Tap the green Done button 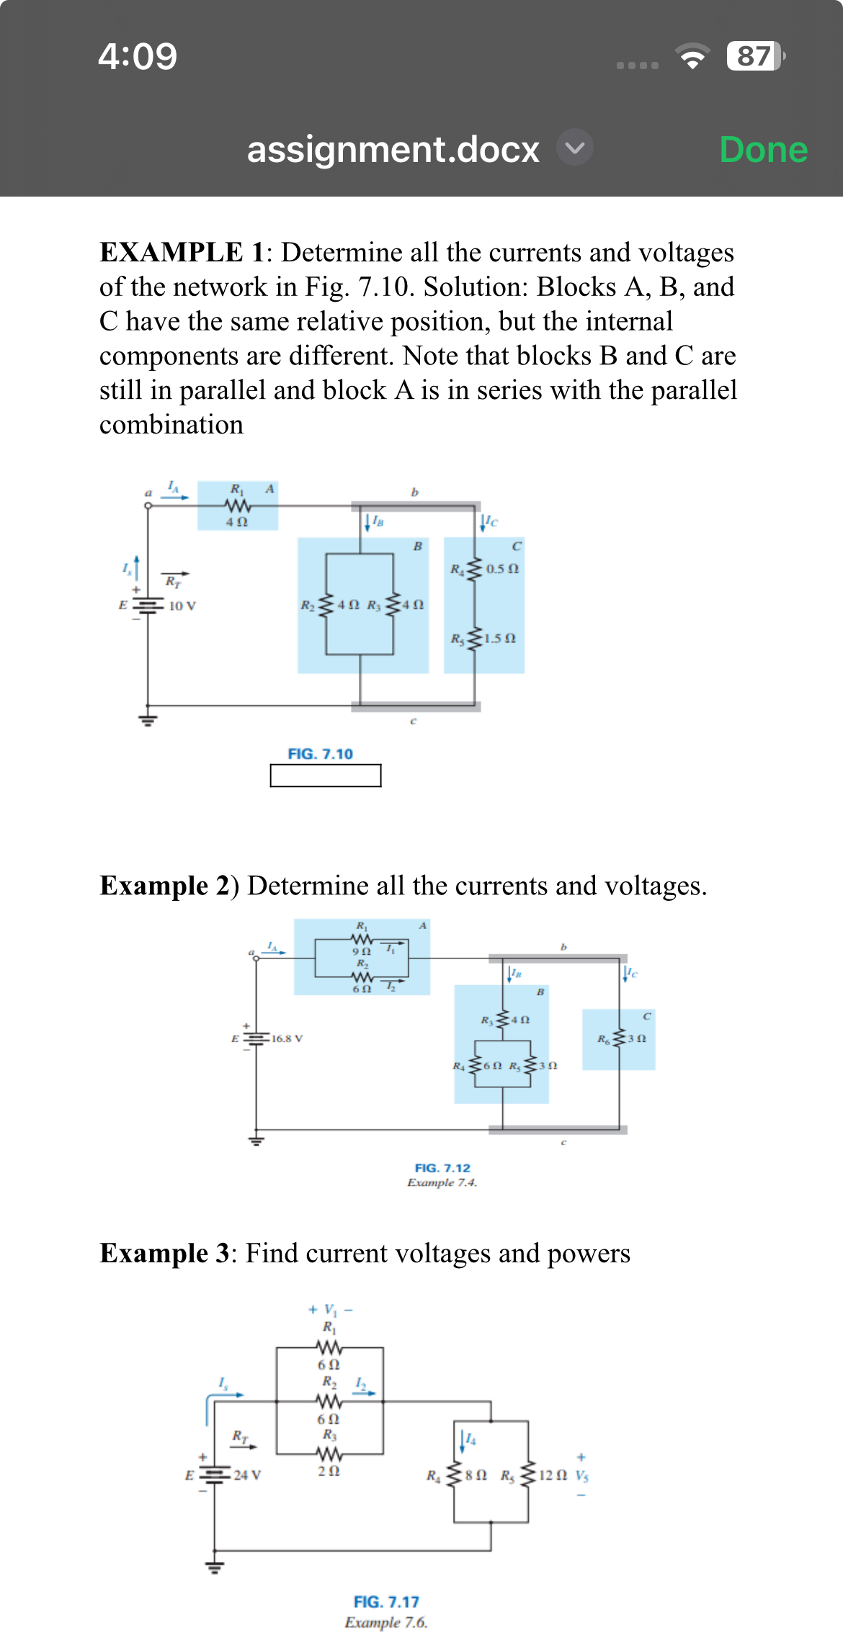pos(763,150)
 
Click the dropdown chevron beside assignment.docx pos(574,148)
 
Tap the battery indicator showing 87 pos(754,56)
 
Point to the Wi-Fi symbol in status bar pos(692,57)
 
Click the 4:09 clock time pos(138,56)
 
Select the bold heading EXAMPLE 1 pos(182,253)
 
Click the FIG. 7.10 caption pos(320,754)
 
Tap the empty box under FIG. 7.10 pos(326,776)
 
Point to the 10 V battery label pos(182,606)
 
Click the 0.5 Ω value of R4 pos(502,569)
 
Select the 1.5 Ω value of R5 pos(500,639)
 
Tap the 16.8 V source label pos(287,1038)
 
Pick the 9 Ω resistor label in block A pos(362,951)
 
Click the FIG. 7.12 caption pos(442,1168)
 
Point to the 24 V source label pos(247,1475)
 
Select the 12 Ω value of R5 pos(553,1475)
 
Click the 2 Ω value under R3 pos(329,1471)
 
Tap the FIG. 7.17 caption pos(386,1602)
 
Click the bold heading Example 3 pos(164,1254)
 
